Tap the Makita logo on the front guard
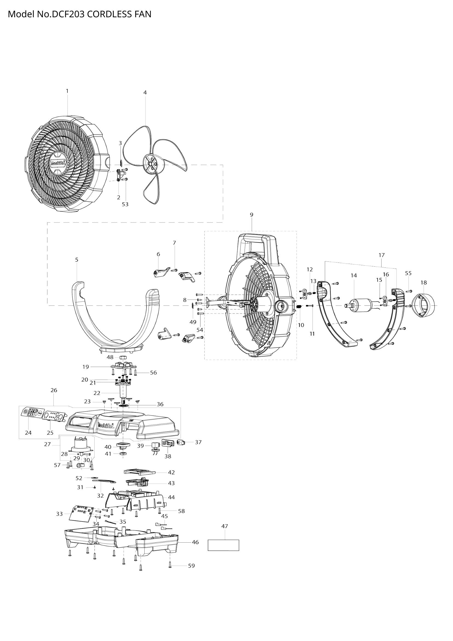tap(59, 163)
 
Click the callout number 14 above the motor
tap(354, 275)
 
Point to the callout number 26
tap(54, 390)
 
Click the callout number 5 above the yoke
tap(77, 260)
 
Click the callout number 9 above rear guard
tap(252, 215)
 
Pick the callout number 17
tap(382, 255)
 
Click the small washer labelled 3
tap(121, 163)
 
